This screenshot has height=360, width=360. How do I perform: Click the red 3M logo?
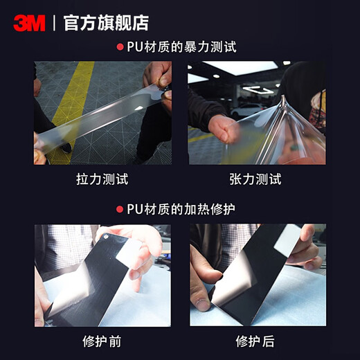(x=29, y=23)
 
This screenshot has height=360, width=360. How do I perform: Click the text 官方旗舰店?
(x=106, y=23)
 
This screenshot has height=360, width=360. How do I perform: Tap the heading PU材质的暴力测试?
(x=182, y=47)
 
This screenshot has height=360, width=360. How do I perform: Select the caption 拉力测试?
(x=102, y=179)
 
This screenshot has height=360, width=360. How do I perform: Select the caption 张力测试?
(x=255, y=179)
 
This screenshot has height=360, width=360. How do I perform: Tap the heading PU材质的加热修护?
(x=182, y=208)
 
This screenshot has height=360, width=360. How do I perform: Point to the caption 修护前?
(x=102, y=341)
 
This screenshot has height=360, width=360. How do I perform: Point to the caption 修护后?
(x=255, y=341)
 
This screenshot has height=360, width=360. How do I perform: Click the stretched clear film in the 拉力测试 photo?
(x=104, y=114)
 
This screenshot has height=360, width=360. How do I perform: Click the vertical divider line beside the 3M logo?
(x=54, y=23)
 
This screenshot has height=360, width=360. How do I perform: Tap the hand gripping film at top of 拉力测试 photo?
(x=158, y=76)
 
